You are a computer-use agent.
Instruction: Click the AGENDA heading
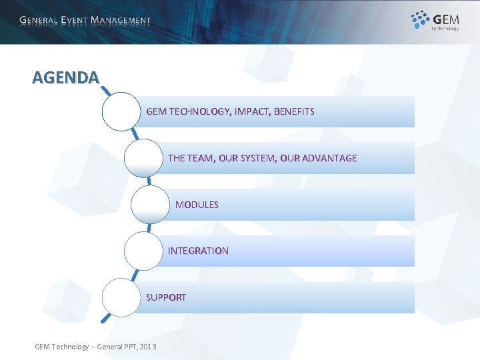[65, 77]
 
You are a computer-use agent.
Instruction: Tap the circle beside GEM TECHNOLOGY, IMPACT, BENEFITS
[121, 111]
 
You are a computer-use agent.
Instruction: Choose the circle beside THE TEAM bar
[143, 158]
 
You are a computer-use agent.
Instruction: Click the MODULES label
[197, 205]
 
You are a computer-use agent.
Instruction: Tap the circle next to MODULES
[151, 205]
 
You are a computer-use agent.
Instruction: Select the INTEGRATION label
[198, 251]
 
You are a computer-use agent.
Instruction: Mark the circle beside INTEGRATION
[143, 251]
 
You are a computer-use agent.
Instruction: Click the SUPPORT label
[166, 297]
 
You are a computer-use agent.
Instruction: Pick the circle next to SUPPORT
[121, 297]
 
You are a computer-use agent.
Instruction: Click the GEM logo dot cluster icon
[420, 19]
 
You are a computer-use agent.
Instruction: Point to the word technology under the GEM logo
[445, 28]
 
